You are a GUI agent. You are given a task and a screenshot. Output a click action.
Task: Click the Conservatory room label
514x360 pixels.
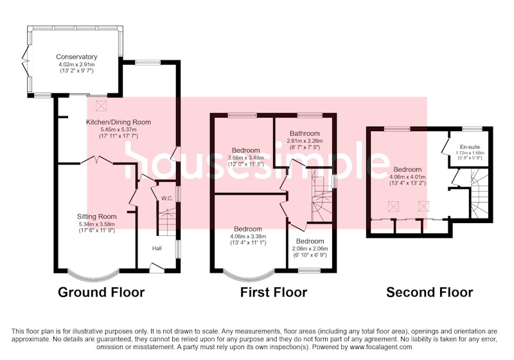pyautogui.click(x=76, y=57)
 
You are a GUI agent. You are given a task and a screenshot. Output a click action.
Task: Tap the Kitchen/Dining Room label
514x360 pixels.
pyautogui.click(x=118, y=122)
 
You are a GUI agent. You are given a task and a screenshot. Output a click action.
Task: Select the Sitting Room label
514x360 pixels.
pyautogui.click(x=97, y=217)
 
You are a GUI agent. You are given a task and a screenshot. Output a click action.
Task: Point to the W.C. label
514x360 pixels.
pyautogui.click(x=167, y=199)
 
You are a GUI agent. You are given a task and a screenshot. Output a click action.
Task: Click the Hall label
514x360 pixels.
pyautogui.click(x=157, y=248)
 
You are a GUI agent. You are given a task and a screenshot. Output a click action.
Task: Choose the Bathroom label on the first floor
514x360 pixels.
pyautogui.click(x=305, y=134)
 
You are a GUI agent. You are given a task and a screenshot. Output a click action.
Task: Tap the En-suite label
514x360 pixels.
pyautogui.click(x=470, y=147)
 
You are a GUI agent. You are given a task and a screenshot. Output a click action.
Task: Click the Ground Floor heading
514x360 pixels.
pyautogui.click(x=102, y=292)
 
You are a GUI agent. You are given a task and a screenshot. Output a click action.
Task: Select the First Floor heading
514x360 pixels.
pyautogui.click(x=274, y=292)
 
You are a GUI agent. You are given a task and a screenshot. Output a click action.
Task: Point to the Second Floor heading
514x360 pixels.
pyautogui.click(x=429, y=292)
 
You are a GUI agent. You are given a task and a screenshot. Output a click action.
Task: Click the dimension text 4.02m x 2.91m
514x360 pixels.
pyautogui.click(x=76, y=64)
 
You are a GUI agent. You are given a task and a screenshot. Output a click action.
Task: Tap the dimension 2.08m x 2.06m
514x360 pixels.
pyautogui.click(x=310, y=249)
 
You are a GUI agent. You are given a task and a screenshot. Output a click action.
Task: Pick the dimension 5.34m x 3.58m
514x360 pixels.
pyautogui.click(x=97, y=224)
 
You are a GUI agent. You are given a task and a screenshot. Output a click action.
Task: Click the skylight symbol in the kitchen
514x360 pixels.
pyautogui.click(x=101, y=106)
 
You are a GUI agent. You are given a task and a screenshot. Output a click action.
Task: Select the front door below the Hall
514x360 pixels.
pyautogui.click(x=157, y=267)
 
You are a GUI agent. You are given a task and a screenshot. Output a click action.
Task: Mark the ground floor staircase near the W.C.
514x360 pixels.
pyautogui.click(x=167, y=222)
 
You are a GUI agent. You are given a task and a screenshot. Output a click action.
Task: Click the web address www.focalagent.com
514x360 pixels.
pyautogui.click(x=381, y=347)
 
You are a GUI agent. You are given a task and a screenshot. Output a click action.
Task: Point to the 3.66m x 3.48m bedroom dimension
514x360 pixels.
pyautogui.click(x=246, y=158)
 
